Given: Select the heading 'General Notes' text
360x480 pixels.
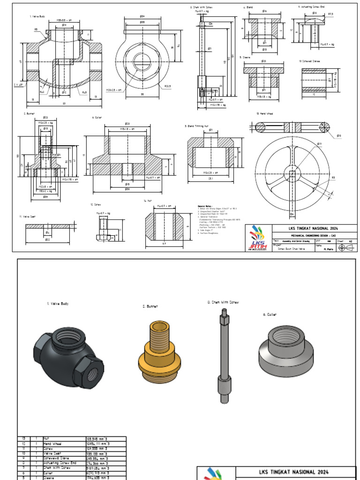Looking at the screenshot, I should [207, 206].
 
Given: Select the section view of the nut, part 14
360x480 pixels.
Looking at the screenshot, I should [164, 225].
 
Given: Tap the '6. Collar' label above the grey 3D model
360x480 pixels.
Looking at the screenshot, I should [270, 315].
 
